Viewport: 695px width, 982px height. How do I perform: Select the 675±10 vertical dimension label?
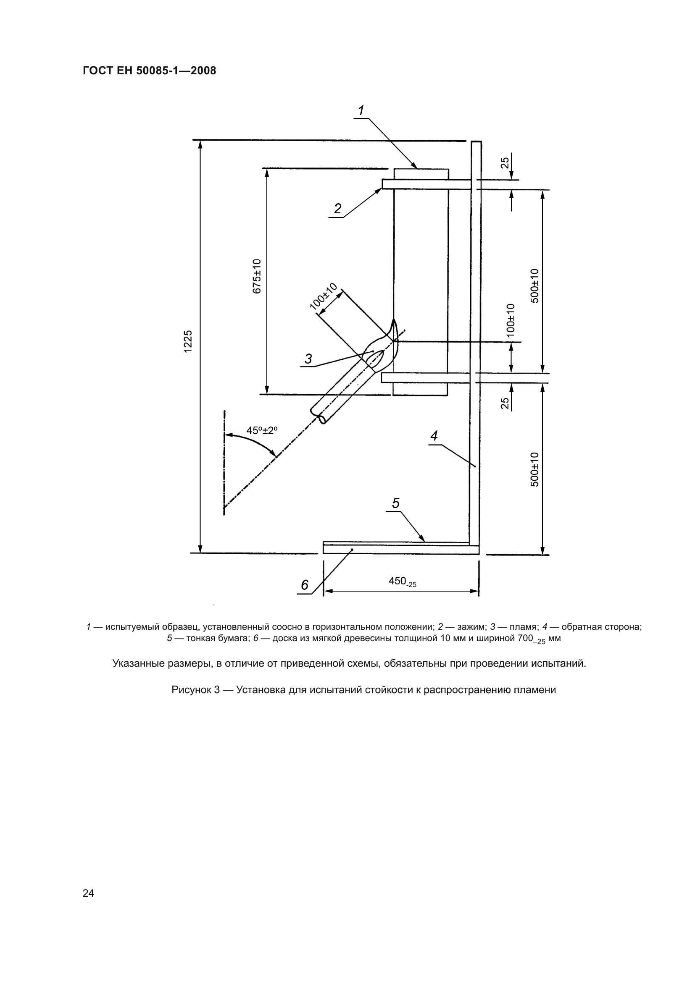coord(257,276)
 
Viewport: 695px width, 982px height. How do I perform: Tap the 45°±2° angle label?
coord(262,430)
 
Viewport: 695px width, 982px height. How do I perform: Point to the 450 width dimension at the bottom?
coord(402,581)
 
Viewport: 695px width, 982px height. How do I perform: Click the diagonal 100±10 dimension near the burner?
coord(324,296)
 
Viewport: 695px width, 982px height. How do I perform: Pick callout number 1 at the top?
coord(361,111)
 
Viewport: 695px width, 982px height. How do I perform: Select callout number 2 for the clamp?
coord(338,209)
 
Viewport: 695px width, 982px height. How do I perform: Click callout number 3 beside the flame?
coord(308,359)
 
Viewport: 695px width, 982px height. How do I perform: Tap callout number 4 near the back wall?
coord(434,436)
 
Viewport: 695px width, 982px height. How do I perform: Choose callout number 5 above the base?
coord(395,503)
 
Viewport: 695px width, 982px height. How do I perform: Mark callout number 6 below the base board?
coord(305,585)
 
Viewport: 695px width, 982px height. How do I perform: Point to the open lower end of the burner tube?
coord(319,416)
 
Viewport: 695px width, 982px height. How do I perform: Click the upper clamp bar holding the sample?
coord(426,184)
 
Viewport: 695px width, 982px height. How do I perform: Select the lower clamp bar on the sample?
coord(425,378)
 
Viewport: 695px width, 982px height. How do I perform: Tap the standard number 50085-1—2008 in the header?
coord(176,71)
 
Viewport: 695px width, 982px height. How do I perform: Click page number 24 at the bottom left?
coord(88,893)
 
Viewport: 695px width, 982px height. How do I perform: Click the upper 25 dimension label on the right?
coord(505,162)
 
